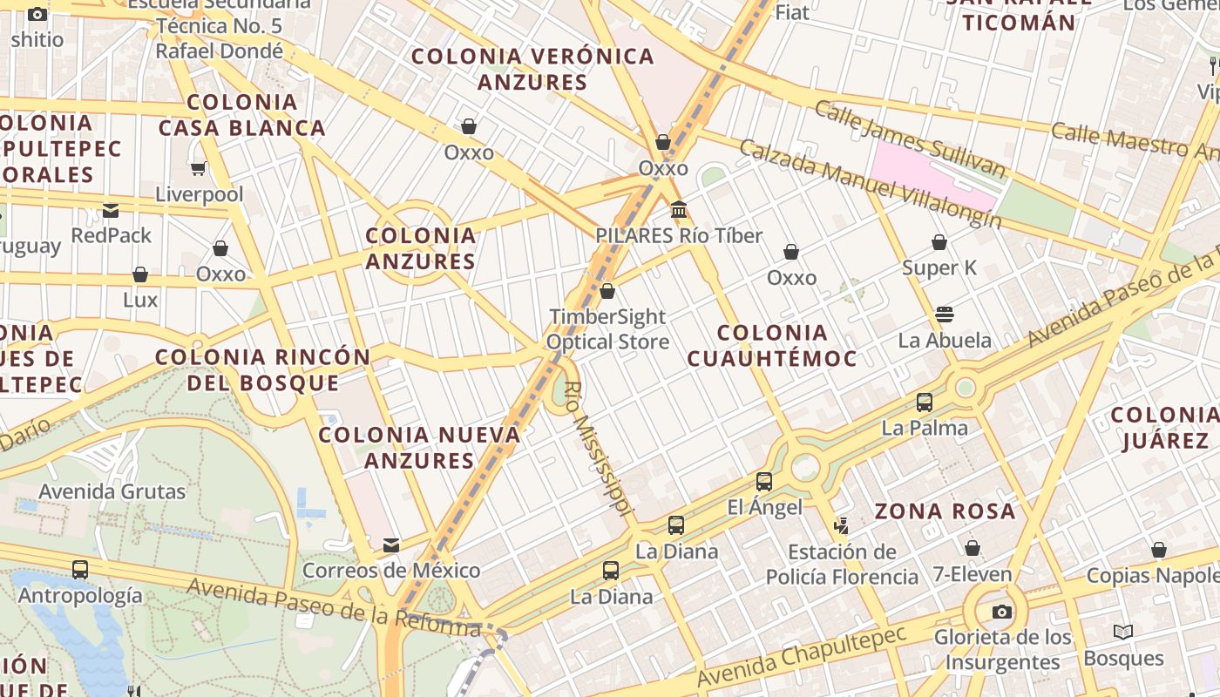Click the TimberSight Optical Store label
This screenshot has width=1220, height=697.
click(607, 329)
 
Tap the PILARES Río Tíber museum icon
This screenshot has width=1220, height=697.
click(679, 210)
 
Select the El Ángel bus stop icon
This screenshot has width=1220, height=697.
click(764, 481)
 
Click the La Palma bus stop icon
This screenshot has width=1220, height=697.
click(925, 403)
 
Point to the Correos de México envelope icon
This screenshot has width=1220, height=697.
click(391, 545)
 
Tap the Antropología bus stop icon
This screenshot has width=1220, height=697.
click(80, 570)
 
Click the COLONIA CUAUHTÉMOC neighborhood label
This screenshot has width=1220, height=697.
click(772, 345)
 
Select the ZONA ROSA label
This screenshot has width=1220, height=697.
click(945, 511)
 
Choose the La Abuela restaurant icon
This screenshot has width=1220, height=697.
click(945, 314)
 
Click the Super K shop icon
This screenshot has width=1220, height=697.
click(939, 242)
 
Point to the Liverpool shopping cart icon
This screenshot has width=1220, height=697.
click(199, 168)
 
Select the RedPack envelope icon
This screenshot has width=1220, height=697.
click(111, 210)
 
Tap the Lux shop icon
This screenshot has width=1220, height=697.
click(140, 274)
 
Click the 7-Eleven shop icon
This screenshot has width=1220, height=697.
click(973, 548)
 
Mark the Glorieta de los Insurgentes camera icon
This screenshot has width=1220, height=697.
click(1002, 612)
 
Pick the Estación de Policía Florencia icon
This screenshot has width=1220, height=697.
click(841, 525)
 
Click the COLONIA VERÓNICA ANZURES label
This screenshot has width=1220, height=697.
click(532, 69)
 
